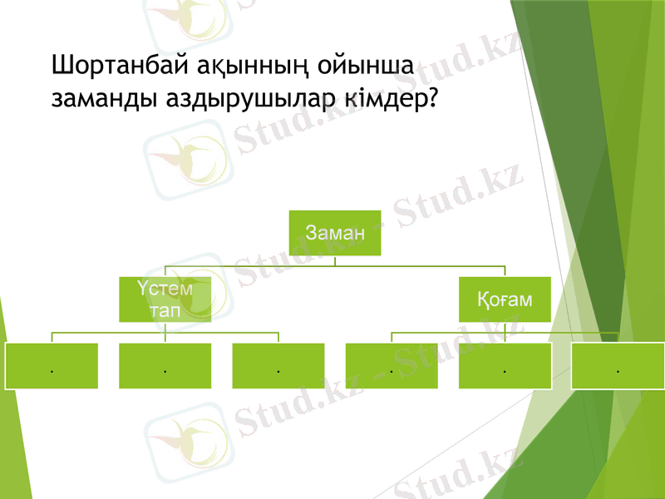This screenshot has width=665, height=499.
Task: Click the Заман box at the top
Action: click(335, 232)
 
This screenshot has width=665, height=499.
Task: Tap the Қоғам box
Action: click(505, 299)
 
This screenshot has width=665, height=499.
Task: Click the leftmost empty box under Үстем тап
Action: click(52, 366)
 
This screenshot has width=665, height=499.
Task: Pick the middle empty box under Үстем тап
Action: click(165, 366)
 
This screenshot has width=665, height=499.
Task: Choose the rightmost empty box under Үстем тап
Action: click(278, 366)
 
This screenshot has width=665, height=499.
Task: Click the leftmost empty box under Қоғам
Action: click(392, 366)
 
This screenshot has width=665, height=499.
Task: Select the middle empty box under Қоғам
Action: click(505, 366)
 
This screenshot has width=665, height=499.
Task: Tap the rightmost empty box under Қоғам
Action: click(618, 366)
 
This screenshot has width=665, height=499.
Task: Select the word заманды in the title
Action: click(102, 99)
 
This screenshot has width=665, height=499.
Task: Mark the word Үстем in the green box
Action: click(165, 289)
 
